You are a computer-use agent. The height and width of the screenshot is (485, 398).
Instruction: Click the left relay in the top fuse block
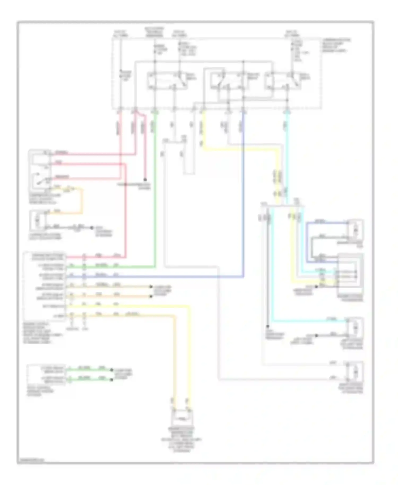coord(167,81)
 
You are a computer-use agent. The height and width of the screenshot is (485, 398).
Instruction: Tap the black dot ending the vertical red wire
coord(145,180)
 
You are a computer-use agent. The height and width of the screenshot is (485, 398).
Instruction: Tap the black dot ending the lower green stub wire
coord(112,380)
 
